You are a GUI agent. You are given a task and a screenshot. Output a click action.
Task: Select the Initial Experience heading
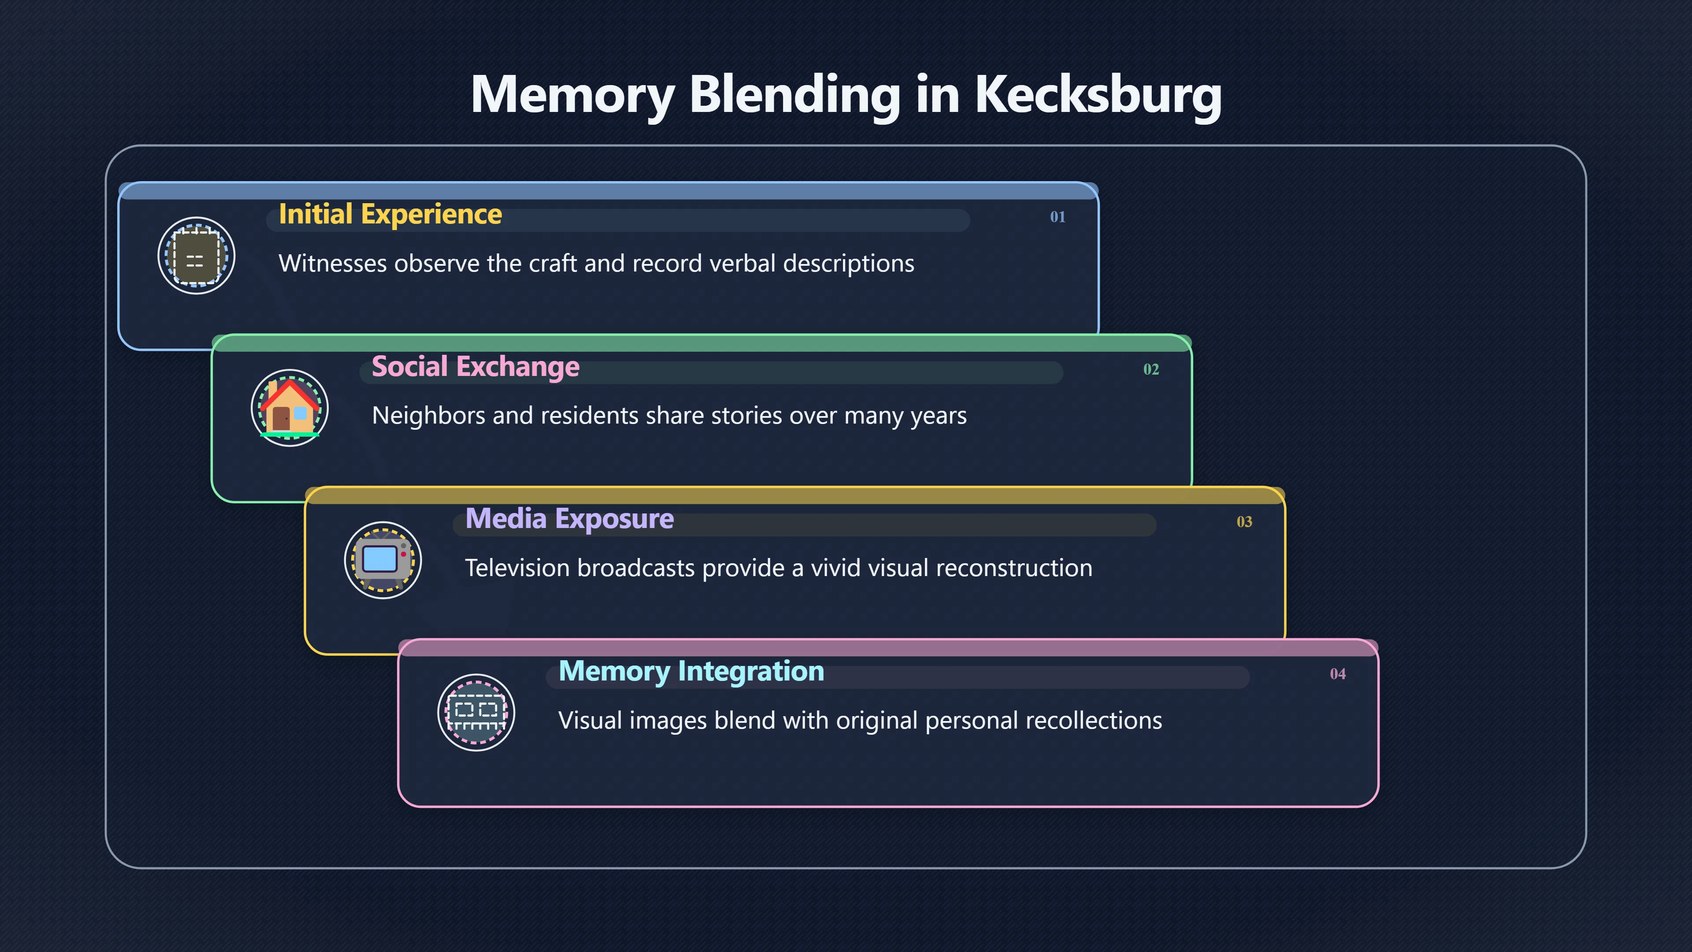point(390,215)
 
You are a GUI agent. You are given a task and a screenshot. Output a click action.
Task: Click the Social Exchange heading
point(475,367)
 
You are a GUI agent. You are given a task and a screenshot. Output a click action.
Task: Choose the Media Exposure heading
point(569,520)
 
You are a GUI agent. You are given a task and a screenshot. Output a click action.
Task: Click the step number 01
point(1057,217)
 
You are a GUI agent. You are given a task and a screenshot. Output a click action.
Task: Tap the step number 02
point(1151,369)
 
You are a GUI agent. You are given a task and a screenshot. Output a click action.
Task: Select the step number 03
point(1244,522)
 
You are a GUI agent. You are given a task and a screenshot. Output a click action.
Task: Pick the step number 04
point(1337,674)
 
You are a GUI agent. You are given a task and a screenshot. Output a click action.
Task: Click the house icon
point(289,408)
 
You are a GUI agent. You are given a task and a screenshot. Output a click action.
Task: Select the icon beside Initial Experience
point(197,256)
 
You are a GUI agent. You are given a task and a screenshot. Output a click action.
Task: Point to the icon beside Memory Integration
point(476,713)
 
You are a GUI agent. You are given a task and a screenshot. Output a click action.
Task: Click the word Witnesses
point(333,264)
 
